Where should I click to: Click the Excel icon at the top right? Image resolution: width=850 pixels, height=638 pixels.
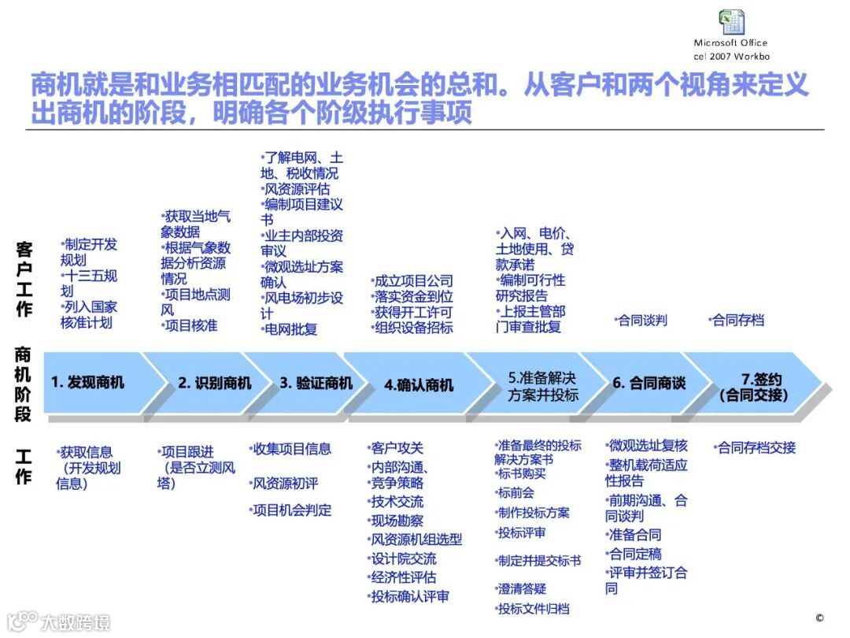click(731, 22)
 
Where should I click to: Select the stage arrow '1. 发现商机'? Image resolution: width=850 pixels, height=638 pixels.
click(87, 383)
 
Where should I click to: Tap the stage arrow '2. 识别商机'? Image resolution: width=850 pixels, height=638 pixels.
click(214, 383)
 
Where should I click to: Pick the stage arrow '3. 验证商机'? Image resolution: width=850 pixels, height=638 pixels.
click(316, 383)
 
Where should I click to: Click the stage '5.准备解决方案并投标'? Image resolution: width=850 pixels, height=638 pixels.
click(543, 385)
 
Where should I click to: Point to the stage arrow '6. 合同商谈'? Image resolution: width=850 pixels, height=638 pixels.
click(649, 383)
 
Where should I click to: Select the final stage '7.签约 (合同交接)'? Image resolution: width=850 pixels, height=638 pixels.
click(753, 386)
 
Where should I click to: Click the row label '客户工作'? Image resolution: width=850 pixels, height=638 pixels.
click(24, 279)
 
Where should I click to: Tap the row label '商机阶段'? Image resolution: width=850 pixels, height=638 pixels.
click(24, 384)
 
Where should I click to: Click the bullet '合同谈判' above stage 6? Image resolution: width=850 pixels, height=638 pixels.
click(641, 320)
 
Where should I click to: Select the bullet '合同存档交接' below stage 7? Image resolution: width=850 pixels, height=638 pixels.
click(756, 447)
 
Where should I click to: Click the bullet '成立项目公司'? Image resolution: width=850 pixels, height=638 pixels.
click(412, 280)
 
